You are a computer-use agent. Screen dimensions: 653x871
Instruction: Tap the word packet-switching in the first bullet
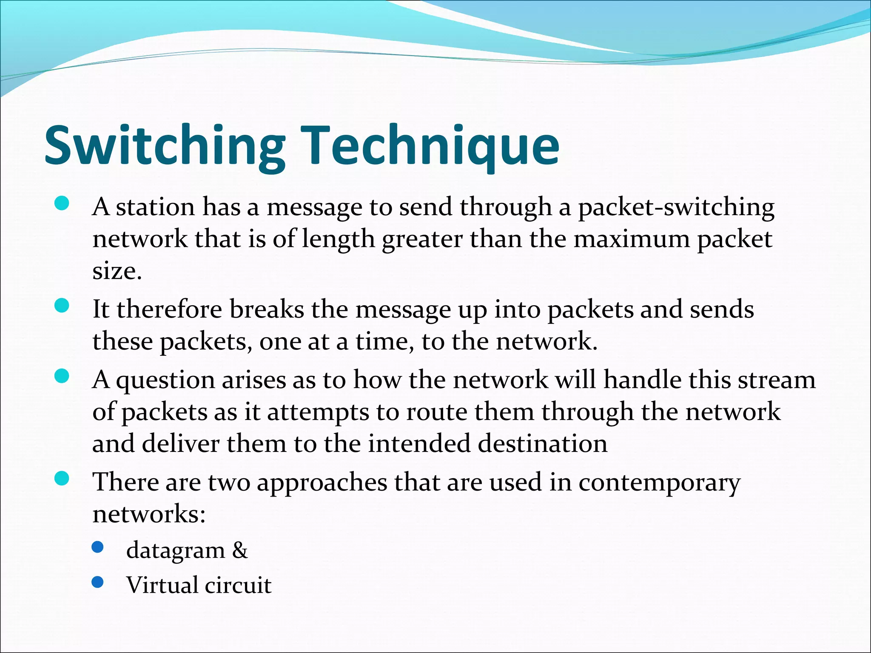676,207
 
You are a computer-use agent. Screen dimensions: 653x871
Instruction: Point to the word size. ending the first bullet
117,271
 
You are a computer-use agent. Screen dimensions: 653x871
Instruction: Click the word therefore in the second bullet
169,309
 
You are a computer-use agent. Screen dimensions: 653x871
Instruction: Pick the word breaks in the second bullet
267,309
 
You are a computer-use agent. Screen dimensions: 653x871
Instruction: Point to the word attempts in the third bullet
318,412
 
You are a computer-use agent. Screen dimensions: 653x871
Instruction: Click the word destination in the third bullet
543,443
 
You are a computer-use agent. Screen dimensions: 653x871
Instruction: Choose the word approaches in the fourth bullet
322,483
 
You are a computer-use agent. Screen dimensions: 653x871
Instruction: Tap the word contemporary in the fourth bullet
659,483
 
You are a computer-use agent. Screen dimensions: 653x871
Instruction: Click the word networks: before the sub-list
149,514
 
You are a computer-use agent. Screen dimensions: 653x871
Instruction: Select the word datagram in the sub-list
175,551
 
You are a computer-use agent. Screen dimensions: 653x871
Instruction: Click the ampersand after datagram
240,550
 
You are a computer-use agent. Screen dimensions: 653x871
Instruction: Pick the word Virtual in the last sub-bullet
162,585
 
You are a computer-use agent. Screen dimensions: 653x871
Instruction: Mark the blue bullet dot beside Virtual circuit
98,582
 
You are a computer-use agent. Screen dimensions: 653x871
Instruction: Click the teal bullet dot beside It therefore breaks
62,306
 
